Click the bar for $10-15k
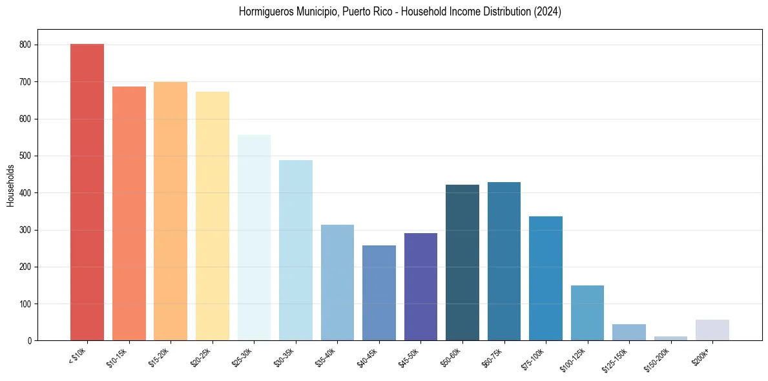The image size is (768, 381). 129,214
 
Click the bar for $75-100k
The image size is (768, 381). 546,278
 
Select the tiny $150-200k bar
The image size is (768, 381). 670,338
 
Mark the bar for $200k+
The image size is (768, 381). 712,330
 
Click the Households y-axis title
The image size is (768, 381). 11,185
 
